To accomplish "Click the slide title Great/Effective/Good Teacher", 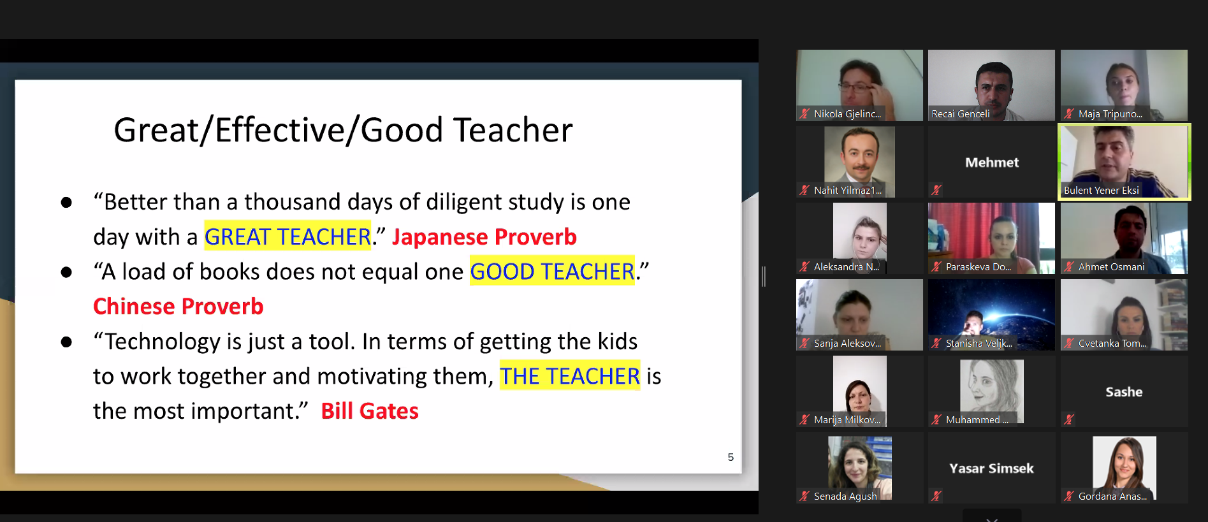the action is point(343,131).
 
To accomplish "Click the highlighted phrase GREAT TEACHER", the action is point(287,237).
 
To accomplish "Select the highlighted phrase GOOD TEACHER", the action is point(552,272).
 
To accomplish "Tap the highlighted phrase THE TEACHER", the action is point(570,376).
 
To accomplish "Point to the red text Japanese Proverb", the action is point(484,237).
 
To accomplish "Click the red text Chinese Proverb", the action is point(178,307).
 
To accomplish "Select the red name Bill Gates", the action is point(370,411).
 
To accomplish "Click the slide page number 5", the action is point(731,457).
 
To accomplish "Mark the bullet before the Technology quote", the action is point(66,342).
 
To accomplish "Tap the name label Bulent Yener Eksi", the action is point(1102,190).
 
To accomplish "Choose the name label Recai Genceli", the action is point(961,114).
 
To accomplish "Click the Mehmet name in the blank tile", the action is point(992,163).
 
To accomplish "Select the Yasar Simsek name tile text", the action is point(992,468).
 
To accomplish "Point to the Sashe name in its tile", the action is point(1124,392).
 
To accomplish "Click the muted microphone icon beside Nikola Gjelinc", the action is point(804,114).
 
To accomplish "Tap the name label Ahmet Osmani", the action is point(1112,267).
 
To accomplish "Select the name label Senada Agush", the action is point(845,497).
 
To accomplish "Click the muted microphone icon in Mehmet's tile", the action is point(936,190).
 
